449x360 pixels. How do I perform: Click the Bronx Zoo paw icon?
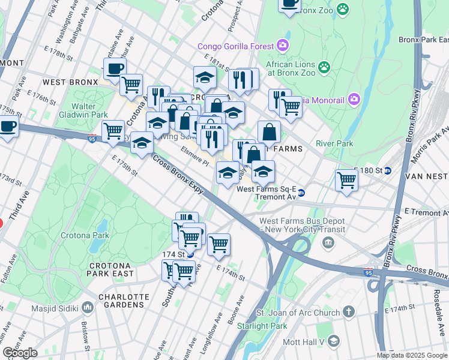pyautogui.click(x=343, y=9)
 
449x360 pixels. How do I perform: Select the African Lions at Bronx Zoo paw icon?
pyautogui.click(x=325, y=67)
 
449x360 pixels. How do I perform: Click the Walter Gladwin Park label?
pyautogui.click(x=84, y=110)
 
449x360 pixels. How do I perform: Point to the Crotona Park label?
pyautogui.click(x=83, y=236)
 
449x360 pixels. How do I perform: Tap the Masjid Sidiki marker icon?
pyautogui.click(x=88, y=308)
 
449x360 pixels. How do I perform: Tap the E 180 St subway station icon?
pyautogui.click(x=388, y=170)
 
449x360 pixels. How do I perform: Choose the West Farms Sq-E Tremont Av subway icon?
pyautogui.click(x=301, y=193)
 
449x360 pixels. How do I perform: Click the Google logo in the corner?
pyautogui.click(x=20, y=353)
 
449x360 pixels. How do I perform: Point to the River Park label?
pyautogui.click(x=334, y=144)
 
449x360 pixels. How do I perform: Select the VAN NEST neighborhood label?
pyautogui.click(x=427, y=176)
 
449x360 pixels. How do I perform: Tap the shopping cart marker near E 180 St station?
pyautogui.click(x=347, y=179)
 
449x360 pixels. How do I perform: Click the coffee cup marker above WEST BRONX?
pyautogui.click(x=115, y=68)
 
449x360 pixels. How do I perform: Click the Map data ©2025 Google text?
pyautogui.click(x=411, y=355)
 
